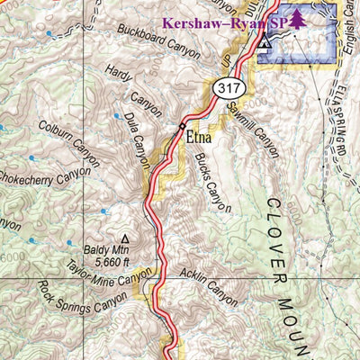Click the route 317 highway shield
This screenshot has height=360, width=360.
(x=227, y=88)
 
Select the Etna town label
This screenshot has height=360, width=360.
(x=201, y=139)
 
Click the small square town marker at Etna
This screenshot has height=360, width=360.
(x=183, y=125)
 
